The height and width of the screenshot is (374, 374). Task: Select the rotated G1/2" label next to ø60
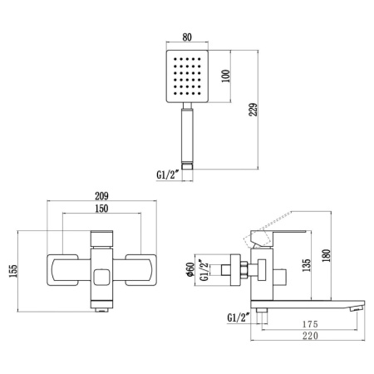click(210, 270)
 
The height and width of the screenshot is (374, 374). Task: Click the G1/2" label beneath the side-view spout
click(239, 317)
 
